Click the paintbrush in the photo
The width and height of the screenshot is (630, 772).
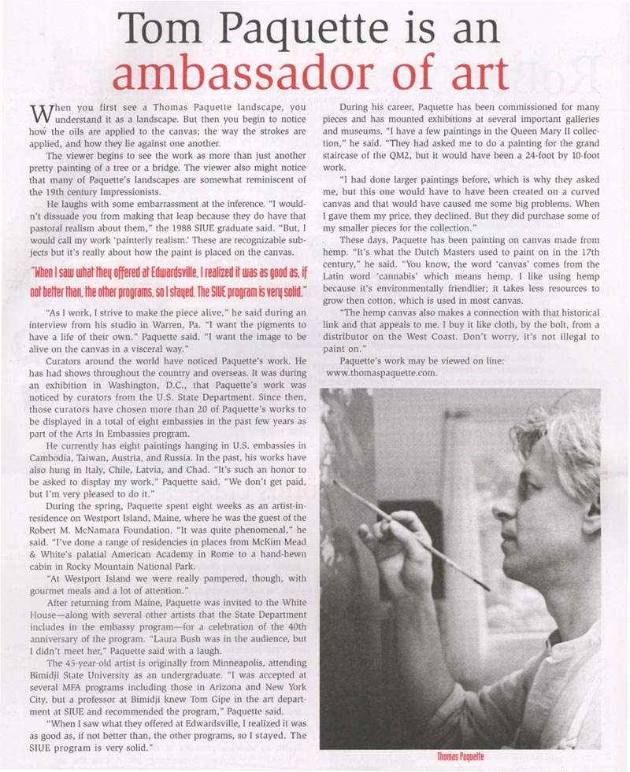click(x=409, y=531)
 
